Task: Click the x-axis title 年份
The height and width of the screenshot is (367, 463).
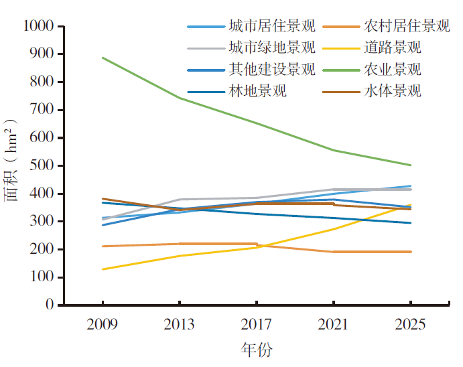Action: (257, 350)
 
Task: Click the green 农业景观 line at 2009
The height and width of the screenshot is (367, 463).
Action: (103, 58)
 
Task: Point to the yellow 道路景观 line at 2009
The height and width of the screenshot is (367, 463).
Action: (103, 269)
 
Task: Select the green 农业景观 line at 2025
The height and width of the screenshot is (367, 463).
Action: (410, 165)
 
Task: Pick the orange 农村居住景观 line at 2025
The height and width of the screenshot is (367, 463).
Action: (410, 252)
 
